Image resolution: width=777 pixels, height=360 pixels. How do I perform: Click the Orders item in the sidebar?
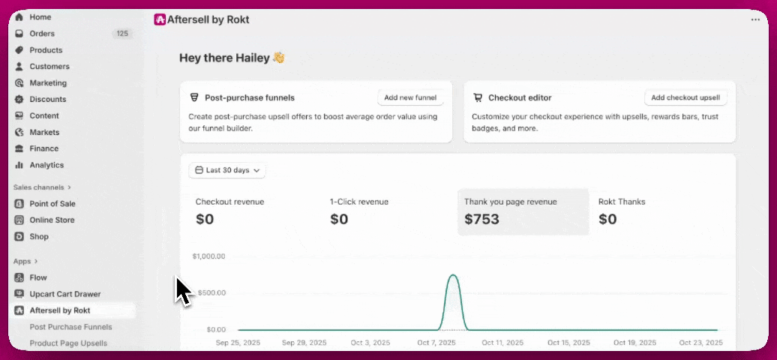click(x=42, y=34)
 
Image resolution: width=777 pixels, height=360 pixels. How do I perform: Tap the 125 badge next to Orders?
click(x=122, y=34)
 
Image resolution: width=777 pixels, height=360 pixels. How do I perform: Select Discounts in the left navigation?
click(x=48, y=99)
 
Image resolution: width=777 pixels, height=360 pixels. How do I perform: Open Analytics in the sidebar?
click(x=46, y=165)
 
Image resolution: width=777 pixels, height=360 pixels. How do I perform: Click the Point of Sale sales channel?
click(x=52, y=204)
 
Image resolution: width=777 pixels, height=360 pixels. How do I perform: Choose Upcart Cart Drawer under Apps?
click(x=65, y=294)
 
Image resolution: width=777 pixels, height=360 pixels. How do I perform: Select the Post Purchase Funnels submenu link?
click(x=70, y=327)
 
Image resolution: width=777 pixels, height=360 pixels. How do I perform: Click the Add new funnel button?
click(x=411, y=97)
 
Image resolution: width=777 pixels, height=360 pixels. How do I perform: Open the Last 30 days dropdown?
click(x=227, y=170)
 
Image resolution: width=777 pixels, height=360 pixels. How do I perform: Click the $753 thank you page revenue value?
click(x=481, y=220)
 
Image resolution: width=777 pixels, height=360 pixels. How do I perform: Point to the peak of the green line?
click(x=453, y=275)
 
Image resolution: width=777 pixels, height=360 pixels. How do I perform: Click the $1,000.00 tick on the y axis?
click(x=208, y=256)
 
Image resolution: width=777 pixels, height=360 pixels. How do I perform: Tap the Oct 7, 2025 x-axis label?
click(x=436, y=343)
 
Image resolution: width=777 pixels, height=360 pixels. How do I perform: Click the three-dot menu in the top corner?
click(x=754, y=20)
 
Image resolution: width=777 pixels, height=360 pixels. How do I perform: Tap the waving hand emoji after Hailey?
click(x=278, y=58)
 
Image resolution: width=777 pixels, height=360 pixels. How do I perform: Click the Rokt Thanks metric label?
click(x=622, y=202)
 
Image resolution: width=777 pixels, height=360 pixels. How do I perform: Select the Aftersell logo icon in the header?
click(x=160, y=20)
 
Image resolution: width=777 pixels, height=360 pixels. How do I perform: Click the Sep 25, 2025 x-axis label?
click(x=238, y=343)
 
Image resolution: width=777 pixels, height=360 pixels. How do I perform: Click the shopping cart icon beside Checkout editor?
click(x=478, y=97)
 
